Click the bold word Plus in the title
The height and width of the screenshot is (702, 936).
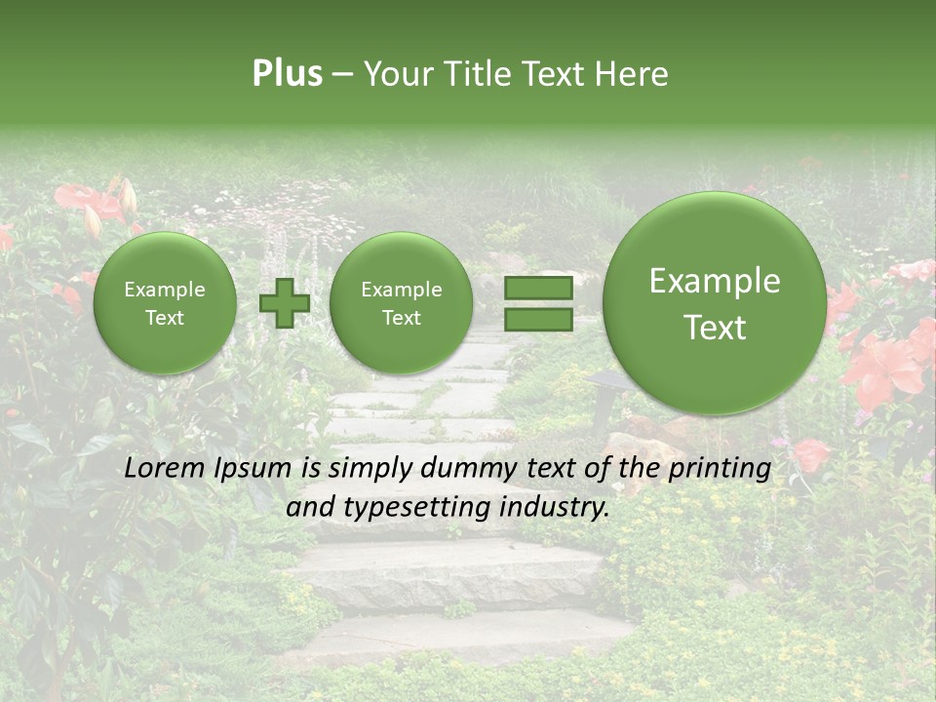[x=287, y=74]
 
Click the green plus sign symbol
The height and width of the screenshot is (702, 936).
[x=284, y=302]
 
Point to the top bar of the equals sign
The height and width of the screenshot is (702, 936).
[x=537, y=288]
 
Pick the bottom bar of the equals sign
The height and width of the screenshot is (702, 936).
[x=537, y=319]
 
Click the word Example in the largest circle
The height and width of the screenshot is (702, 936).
[x=715, y=281]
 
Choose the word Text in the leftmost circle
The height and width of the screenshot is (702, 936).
[x=165, y=318]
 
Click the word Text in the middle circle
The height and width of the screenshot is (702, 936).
[x=401, y=318]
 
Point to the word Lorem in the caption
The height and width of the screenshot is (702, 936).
[x=159, y=468]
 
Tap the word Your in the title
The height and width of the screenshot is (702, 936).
[x=394, y=74]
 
